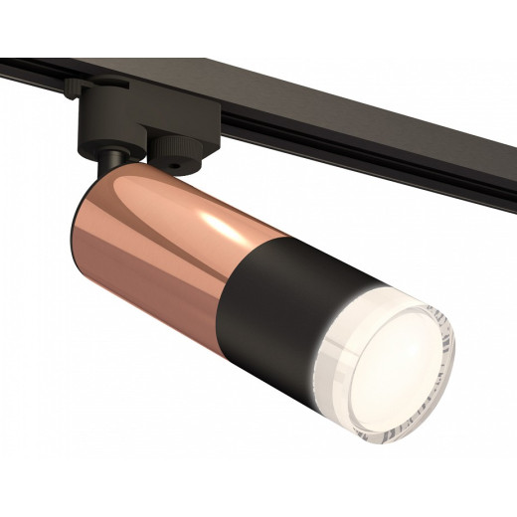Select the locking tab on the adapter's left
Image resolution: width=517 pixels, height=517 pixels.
(76, 89)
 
